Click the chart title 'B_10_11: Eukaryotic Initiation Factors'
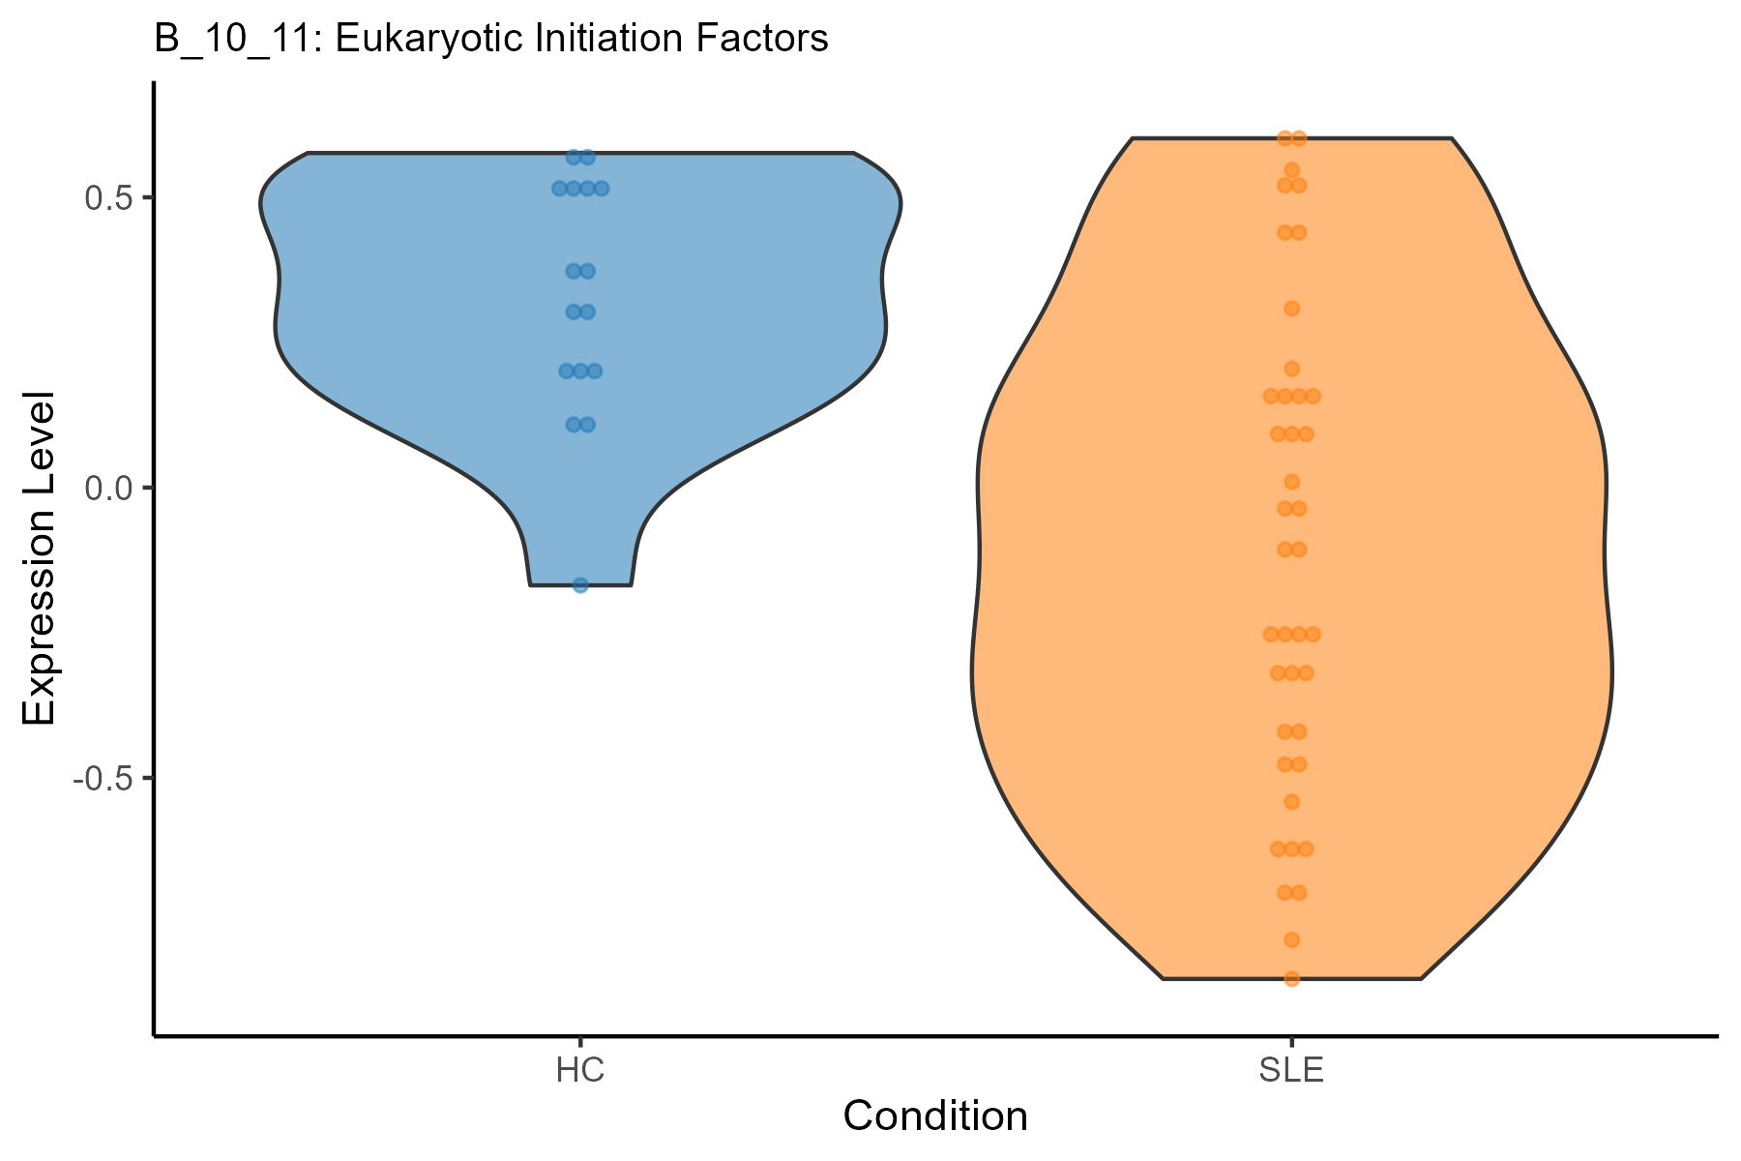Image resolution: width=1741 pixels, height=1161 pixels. (491, 40)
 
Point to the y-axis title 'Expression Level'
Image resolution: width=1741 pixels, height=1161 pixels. (40, 558)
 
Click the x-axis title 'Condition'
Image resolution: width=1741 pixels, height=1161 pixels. (935, 1116)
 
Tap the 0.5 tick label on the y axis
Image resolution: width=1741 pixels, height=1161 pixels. (107, 197)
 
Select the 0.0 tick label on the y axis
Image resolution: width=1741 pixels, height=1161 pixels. (107, 488)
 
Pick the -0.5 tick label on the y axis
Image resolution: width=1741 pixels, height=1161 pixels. (102, 778)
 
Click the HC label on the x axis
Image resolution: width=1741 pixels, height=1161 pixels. (580, 1071)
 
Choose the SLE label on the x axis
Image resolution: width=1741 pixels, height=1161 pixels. (1291, 1071)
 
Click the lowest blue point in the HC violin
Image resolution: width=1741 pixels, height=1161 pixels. (580, 584)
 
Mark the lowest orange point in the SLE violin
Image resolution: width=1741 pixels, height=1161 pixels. (1291, 978)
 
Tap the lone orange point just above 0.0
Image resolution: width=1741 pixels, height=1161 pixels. (1291, 482)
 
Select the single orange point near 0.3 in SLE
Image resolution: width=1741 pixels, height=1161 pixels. (1291, 309)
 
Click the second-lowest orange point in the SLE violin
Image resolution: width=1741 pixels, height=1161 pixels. (1291, 939)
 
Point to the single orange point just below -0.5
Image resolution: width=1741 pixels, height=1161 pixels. (1291, 802)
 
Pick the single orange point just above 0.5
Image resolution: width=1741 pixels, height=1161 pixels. (1291, 170)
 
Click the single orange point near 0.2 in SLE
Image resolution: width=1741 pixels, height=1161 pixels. (1291, 369)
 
